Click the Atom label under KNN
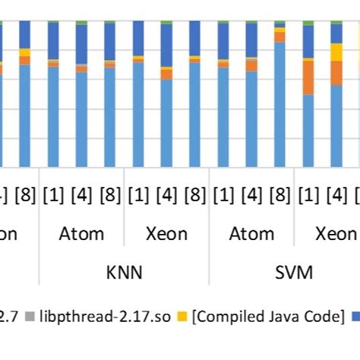tap(81, 233)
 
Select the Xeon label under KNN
tap(166, 233)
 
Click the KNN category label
tap(124, 272)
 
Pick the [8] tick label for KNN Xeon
tap(194, 194)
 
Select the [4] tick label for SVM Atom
tap(251, 194)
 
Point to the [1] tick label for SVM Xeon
tap(308, 194)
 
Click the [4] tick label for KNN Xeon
tap(166, 194)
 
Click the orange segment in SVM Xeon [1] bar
tap(308, 77)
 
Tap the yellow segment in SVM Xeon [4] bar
tap(336, 52)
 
